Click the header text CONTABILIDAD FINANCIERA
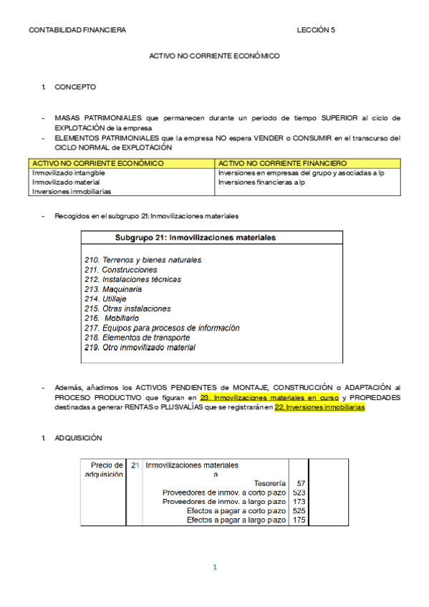[77, 30]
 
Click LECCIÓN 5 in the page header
[316, 30]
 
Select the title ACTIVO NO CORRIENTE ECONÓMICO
[214, 56]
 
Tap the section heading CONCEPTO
[75, 87]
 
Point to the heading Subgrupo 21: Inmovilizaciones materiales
[196, 238]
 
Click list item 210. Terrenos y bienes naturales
[143, 260]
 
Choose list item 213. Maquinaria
[113, 289]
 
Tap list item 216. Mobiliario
[112, 318]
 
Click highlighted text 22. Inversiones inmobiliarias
[319, 407]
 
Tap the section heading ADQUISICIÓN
[79, 437]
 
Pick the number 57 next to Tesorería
[301, 484]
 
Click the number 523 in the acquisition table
[300, 492]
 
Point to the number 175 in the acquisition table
[300, 520]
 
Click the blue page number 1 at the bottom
[214, 568]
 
